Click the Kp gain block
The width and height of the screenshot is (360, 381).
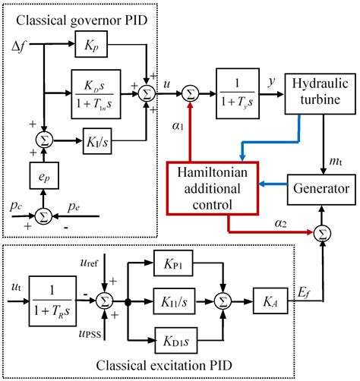[93, 46]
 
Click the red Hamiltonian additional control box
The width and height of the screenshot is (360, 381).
[213, 185]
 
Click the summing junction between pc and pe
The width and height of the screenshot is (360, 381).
[43, 216]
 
